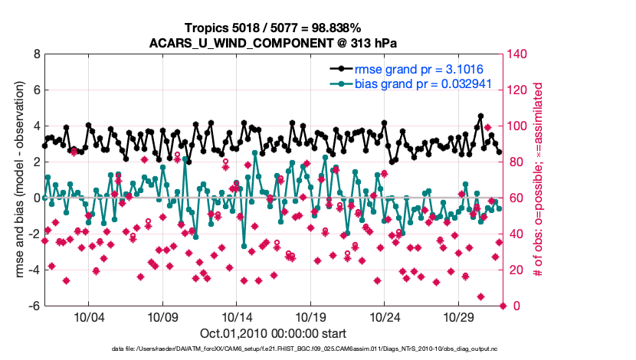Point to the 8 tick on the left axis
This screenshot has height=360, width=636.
pyautogui.click(x=35, y=54)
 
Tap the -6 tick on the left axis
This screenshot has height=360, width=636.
pyautogui.click(x=33, y=306)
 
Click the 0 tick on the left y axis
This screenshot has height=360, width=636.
pyautogui.click(x=35, y=198)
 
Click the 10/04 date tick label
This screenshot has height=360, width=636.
pyautogui.click(x=88, y=317)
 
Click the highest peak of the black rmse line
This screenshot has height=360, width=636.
pyautogui.click(x=480, y=116)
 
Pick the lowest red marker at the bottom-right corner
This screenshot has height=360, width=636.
pyautogui.click(x=503, y=306)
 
